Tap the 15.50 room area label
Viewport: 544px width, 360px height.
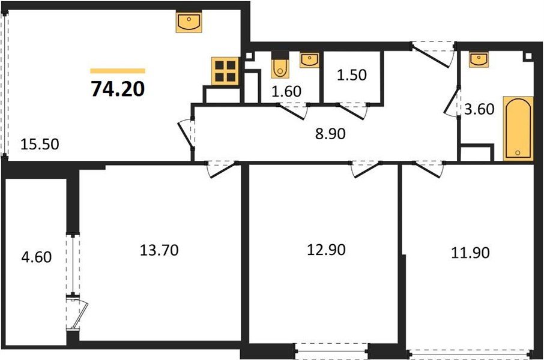pyautogui.click(x=40, y=144)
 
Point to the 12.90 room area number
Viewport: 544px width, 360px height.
pyautogui.click(x=325, y=250)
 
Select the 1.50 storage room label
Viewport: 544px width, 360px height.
pyautogui.click(x=351, y=76)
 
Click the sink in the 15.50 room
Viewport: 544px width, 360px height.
pyautogui.click(x=189, y=23)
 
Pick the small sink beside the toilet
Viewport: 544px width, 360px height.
pyautogui.click(x=308, y=59)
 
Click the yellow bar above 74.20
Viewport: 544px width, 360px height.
pyautogui.click(x=118, y=71)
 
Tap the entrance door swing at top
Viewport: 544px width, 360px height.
pyautogui.click(x=432, y=53)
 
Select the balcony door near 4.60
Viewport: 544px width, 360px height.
pyautogui.click(x=76, y=312)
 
